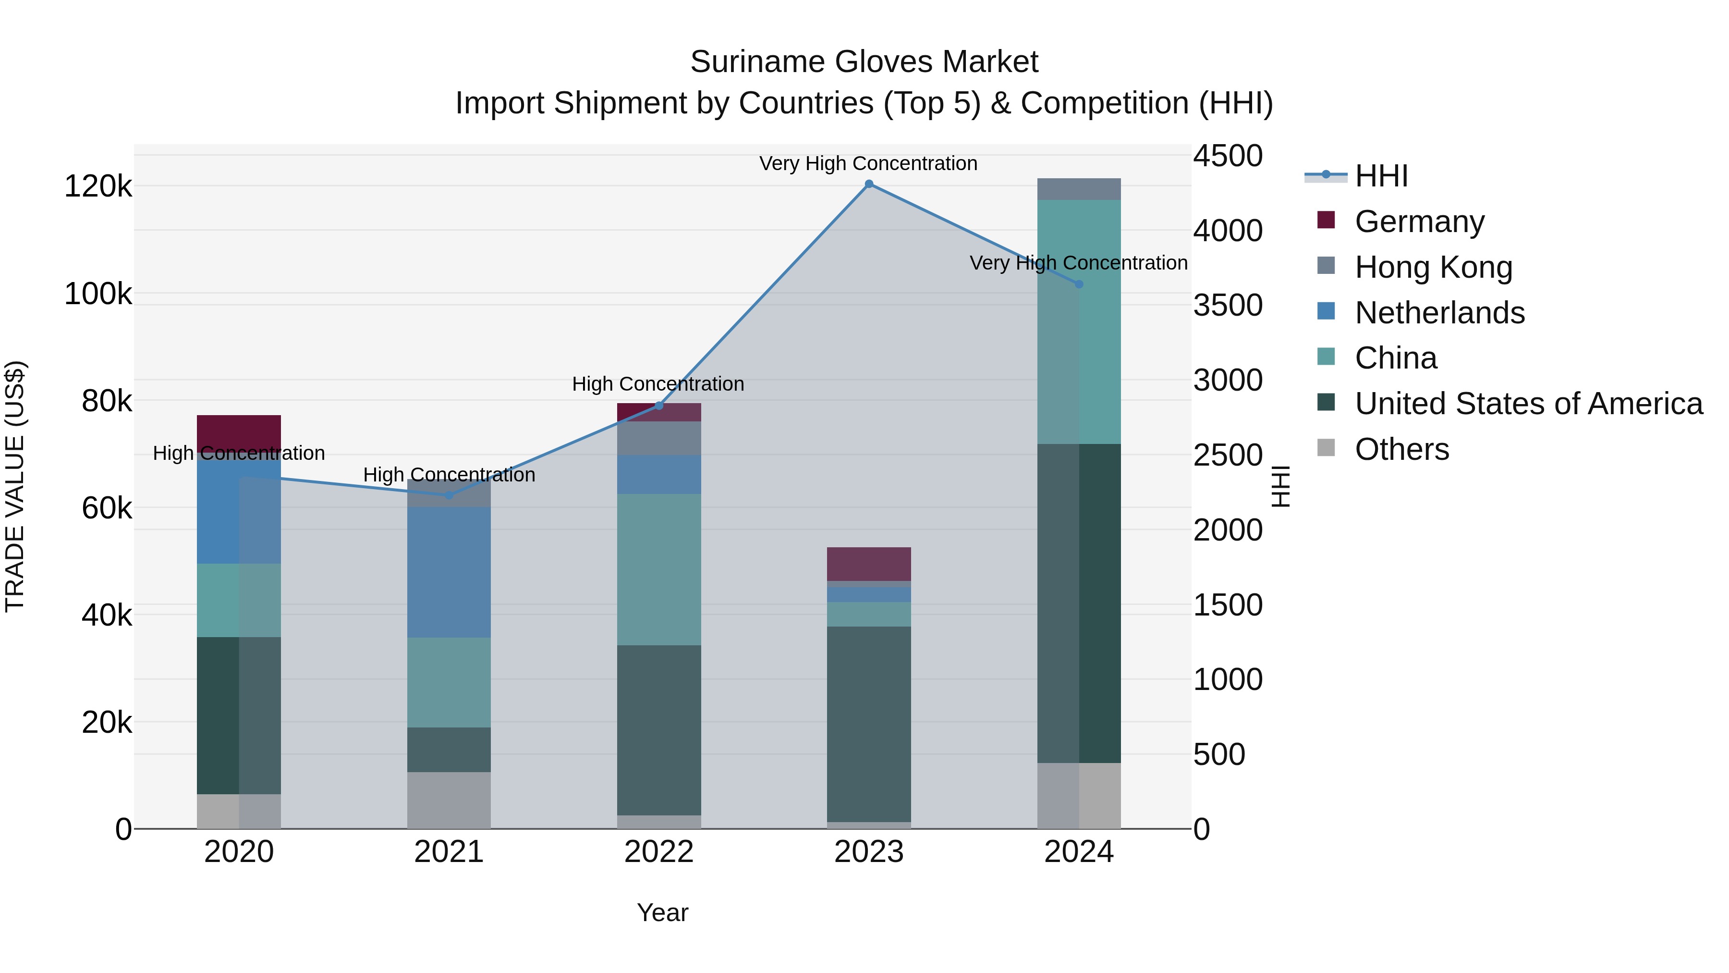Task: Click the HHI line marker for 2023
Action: [868, 184]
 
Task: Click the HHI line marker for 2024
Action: [1079, 284]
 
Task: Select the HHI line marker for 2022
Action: [658, 406]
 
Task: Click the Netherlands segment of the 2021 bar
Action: [449, 571]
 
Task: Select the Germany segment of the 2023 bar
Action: [868, 564]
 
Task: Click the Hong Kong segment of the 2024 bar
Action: [1079, 189]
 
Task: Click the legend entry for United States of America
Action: [1528, 404]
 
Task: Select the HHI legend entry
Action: [1381, 176]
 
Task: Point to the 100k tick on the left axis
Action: [98, 294]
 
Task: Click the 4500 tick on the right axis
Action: [1228, 156]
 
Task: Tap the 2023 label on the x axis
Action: [868, 852]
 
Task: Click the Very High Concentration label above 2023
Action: [868, 163]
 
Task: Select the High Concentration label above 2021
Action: [449, 475]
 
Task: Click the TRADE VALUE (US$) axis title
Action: [15, 486]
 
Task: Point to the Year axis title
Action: [662, 912]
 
